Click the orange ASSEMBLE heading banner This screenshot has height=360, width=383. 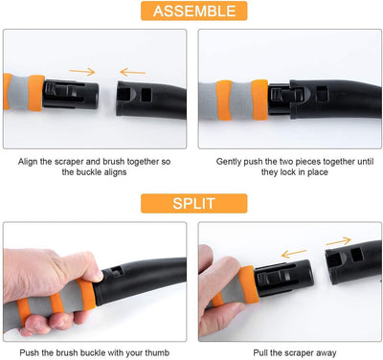194,11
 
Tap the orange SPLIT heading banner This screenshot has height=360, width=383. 194,203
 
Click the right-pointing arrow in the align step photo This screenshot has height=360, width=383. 82,72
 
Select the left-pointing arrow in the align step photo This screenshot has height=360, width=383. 133,72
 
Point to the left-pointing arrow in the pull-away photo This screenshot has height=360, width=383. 294,254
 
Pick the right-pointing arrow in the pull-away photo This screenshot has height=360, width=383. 339,241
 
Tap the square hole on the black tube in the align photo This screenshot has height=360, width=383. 146,95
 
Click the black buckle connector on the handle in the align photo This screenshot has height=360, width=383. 71,95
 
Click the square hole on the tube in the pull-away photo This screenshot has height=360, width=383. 356,255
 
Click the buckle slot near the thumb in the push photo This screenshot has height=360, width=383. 117,272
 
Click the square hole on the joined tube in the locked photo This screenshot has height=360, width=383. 323,93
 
